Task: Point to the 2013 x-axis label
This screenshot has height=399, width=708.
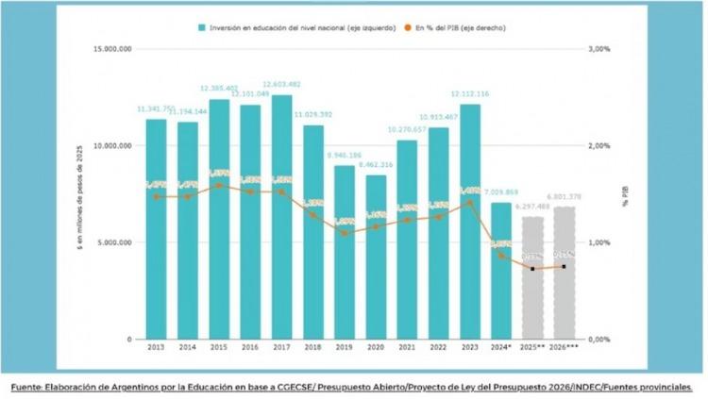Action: (156, 347)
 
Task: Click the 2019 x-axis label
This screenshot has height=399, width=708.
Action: (345, 347)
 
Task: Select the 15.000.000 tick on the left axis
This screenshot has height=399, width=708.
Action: (111, 48)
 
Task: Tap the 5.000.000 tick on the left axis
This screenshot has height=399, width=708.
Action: (113, 242)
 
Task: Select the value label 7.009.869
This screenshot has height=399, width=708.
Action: (501, 192)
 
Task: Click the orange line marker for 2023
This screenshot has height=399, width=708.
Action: (470, 202)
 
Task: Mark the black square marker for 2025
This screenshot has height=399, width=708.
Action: (532, 269)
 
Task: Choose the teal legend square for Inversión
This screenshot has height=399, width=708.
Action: (202, 27)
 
